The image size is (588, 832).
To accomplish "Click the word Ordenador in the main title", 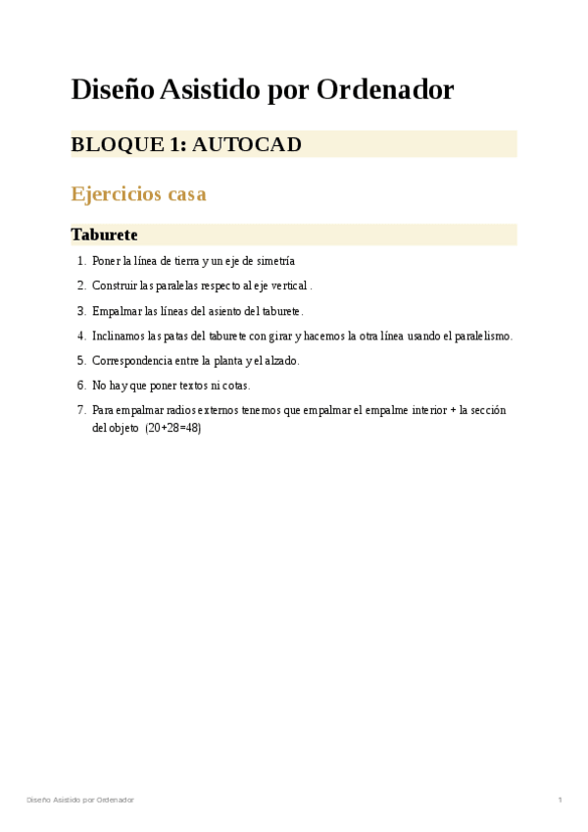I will click(396, 90).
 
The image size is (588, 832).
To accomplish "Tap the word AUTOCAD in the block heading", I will click(247, 145).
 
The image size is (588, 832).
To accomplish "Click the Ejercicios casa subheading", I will click(138, 194).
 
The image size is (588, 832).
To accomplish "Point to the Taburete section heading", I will click(104, 235).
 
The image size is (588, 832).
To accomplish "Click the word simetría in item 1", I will click(273, 261).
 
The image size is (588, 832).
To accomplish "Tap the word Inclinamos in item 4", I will click(120, 336).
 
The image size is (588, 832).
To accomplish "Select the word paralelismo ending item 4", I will click(479, 336).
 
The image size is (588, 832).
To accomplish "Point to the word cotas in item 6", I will click(235, 386).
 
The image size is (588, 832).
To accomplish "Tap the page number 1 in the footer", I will click(560, 801).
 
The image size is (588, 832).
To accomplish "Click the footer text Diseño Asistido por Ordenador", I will click(80, 801).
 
